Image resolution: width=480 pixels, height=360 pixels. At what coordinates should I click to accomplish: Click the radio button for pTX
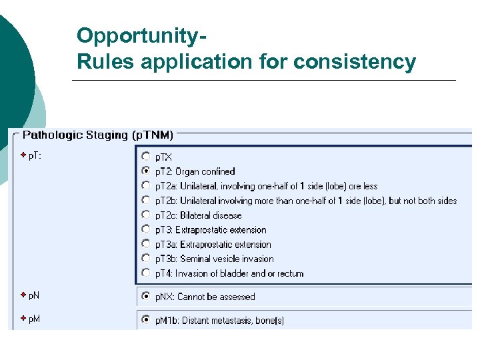click(x=146, y=157)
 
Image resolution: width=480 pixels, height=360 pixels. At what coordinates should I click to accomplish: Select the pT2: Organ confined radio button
click(x=146, y=171)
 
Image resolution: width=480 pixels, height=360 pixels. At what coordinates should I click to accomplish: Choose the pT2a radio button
click(x=146, y=186)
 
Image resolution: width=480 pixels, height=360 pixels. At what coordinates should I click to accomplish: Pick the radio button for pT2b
click(x=146, y=201)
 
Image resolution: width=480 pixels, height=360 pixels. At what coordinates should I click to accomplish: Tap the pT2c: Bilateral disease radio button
click(x=146, y=215)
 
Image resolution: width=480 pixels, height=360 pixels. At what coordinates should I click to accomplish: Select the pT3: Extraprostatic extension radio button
click(x=146, y=230)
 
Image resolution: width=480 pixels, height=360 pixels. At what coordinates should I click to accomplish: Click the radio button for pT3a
click(x=146, y=245)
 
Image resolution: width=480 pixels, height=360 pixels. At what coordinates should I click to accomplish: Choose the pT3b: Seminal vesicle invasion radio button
click(x=146, y=259)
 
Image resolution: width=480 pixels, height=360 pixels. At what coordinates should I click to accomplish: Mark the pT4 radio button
click(x=146, y=273)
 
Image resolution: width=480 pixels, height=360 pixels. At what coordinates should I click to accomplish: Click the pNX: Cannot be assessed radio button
click(x=146, y=297)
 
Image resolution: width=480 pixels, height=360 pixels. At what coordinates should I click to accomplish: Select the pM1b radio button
click(x=146, y=320)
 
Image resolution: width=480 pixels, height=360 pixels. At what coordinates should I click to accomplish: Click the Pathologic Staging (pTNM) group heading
click(x=98, y=135)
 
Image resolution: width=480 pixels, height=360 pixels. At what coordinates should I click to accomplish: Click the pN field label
click(x=34, y=295)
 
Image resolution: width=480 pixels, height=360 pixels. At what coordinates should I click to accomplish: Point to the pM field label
click(x=34, y=319)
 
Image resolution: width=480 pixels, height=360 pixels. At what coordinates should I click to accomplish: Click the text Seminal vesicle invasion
click(x=227, y=259)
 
